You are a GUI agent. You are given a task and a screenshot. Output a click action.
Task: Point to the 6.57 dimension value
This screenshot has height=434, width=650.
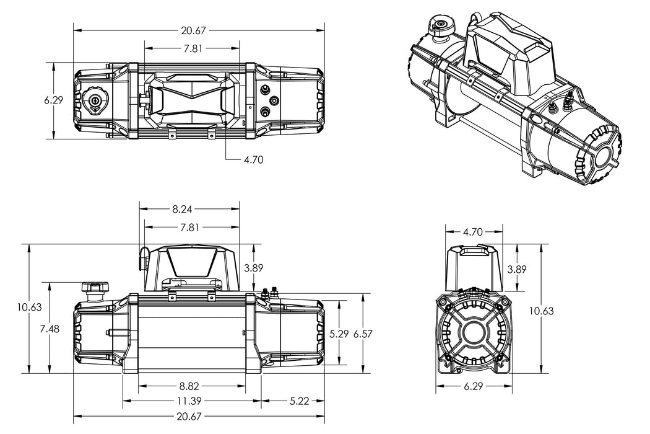pos(364,334)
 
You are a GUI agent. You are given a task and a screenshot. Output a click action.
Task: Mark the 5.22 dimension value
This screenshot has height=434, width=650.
pos(300,401)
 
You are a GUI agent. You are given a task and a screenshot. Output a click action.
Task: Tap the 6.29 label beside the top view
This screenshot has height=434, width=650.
pos(54,100)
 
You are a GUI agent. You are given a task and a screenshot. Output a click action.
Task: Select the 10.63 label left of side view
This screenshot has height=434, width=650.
pos(30,307)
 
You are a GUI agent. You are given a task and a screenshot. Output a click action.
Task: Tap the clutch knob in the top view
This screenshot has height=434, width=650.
pos(95,100)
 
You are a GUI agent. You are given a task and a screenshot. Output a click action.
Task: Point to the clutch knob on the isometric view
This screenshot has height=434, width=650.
pos(442,25)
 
